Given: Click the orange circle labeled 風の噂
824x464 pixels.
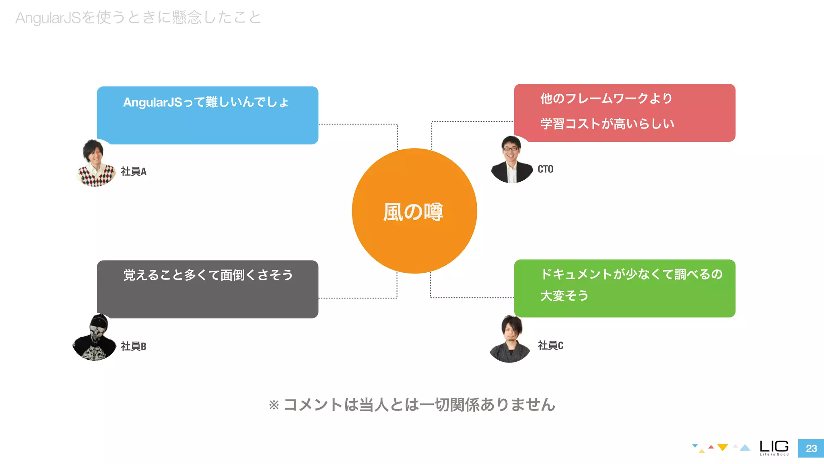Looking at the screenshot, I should pos(414,211).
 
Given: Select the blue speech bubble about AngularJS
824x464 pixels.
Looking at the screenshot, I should pos(208,115).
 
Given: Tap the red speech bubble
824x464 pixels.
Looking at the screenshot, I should pos(624,112).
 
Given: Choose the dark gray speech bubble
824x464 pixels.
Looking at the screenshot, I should pos(208,289).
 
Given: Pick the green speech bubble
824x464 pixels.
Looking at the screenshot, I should pos(624,288).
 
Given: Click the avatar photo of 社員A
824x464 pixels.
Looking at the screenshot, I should pos(96,163).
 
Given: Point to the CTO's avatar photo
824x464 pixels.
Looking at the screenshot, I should pos(511,160).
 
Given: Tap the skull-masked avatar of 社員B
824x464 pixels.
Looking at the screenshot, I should pos(95,338).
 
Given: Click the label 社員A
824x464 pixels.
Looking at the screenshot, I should pos(134,172).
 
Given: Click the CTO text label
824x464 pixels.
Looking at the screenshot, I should pos(545,169).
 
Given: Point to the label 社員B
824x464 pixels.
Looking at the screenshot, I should pos(134,346).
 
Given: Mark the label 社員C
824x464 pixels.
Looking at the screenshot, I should pos(550,345).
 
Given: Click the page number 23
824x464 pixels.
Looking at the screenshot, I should pos(811,448).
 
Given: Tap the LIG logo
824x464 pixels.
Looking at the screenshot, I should pos(774,447).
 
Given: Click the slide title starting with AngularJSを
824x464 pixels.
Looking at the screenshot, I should pos(138,18).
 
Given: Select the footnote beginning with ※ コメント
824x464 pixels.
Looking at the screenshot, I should pos(412,404).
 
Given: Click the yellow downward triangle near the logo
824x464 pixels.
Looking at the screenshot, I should pos(723,447).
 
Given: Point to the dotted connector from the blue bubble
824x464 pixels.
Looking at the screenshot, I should pos(358,124).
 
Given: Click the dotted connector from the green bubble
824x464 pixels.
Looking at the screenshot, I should pos(471,298).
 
